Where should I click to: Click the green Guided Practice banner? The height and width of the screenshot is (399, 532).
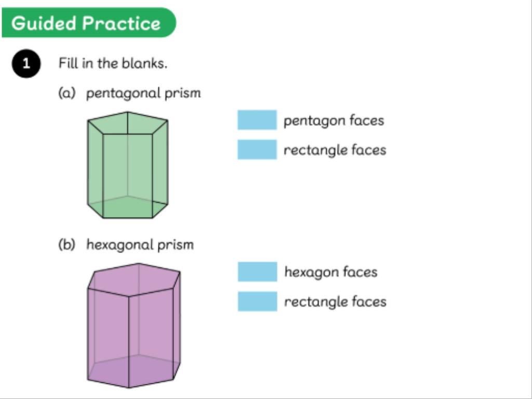[x=88, y=23]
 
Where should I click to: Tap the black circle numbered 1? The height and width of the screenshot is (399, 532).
[x=26, y=64]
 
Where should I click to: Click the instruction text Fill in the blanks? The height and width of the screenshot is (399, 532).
[x=112, y=64]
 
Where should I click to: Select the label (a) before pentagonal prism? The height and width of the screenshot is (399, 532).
[x=66, y=94]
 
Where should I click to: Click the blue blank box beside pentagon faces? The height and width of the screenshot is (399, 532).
[x=257, y=120]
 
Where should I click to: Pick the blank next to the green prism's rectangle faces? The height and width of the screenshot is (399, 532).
[x=257, y=150]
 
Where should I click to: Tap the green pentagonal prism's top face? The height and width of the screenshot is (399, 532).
[x=128, y=124]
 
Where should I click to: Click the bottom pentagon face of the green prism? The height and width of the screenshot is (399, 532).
[x=128, y=207]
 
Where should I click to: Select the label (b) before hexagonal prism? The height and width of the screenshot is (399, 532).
[x=66, y=245]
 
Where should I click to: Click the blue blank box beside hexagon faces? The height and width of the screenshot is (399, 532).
[x=258, y=272]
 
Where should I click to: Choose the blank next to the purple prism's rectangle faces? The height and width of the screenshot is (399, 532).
[x=258, y=301]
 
